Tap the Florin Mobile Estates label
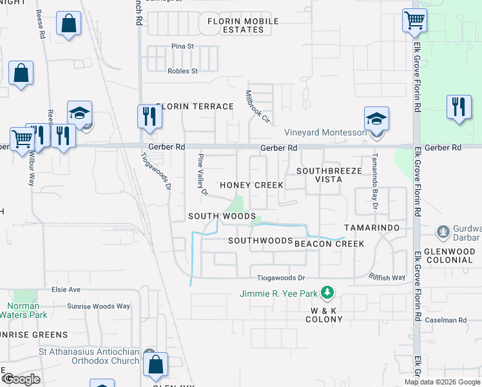coord(243,26)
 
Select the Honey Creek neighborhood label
coord(251,185)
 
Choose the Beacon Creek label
coord(329,244)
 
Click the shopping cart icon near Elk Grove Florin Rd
coord(414,20)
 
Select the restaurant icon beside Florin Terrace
coord(148,117)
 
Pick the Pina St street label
coord(183,46)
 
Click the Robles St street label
coord(182,71)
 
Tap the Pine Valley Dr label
coord(203,175)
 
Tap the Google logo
coord(21,379)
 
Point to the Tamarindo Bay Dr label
coord(372,183)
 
